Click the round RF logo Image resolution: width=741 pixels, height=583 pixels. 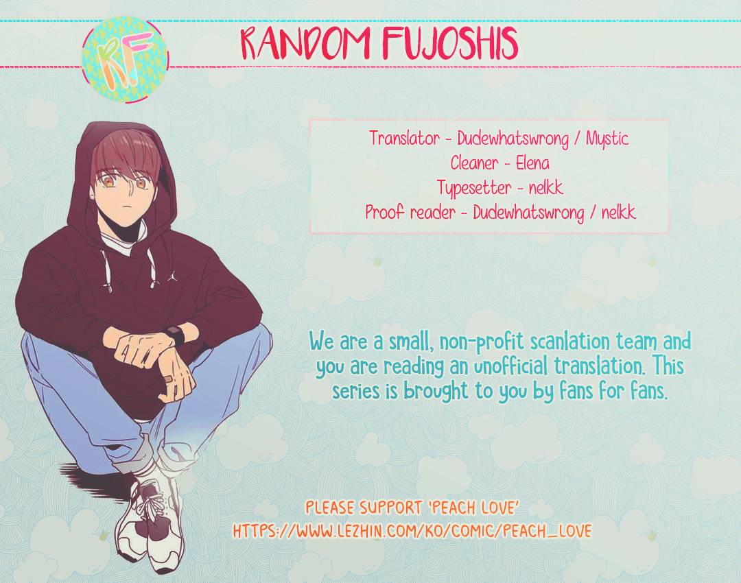pos(125,60)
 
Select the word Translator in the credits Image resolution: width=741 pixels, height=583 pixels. pos(404,139)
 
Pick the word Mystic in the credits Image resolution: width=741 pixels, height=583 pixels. pos(607,139)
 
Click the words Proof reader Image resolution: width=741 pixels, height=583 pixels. pos(410,213)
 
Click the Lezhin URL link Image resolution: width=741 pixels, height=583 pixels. pos(412,531)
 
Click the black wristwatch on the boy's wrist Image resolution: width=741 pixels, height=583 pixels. pos(176,336)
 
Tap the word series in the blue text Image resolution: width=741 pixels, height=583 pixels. pos(356,392)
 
